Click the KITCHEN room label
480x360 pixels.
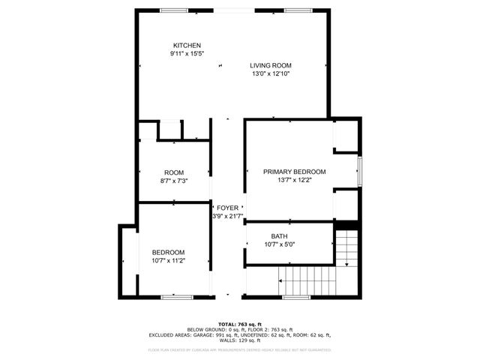click(187, 46)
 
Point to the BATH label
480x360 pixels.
click(279, 235)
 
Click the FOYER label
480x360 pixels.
click(227, 208)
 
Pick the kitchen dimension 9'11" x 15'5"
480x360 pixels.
click(187, 54)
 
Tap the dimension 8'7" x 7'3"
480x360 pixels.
click(173, 181)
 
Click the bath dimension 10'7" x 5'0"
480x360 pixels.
click(280, 244)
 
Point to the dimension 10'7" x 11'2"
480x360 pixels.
click(168, 260)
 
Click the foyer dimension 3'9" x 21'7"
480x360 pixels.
click(227, 216)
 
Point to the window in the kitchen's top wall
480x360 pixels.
click(175, 10)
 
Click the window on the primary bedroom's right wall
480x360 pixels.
click(359, 172)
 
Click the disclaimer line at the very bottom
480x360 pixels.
click(239, 349)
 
